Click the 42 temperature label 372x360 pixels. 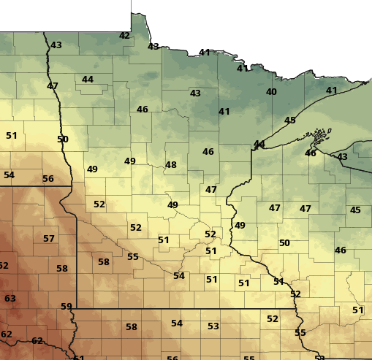click(124, 35)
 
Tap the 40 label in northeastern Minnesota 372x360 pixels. click(271, 92)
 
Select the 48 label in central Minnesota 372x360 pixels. click(171, 165)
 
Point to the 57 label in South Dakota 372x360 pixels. click(49, 239)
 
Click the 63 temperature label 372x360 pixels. click(10, 299)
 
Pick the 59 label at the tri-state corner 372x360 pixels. click(67, 307)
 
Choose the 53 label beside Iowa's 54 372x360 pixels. click(213, 326)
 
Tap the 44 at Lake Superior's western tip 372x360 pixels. click(259, 144)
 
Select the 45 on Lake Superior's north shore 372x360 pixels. click(290, 120)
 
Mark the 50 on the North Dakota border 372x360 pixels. click(63, 139)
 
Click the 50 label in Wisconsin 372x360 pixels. click(284, 242)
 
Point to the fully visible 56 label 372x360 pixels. click(48, 179)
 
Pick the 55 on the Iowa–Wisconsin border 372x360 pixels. click(300, 333)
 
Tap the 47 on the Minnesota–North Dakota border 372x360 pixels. click(53, 86)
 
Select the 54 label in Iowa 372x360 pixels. click(177, 323)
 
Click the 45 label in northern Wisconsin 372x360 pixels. click(355, 210)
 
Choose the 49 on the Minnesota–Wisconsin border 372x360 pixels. click(240, 226)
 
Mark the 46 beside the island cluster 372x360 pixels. click(311, 153)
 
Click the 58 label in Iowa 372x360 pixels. click(132, 327)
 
